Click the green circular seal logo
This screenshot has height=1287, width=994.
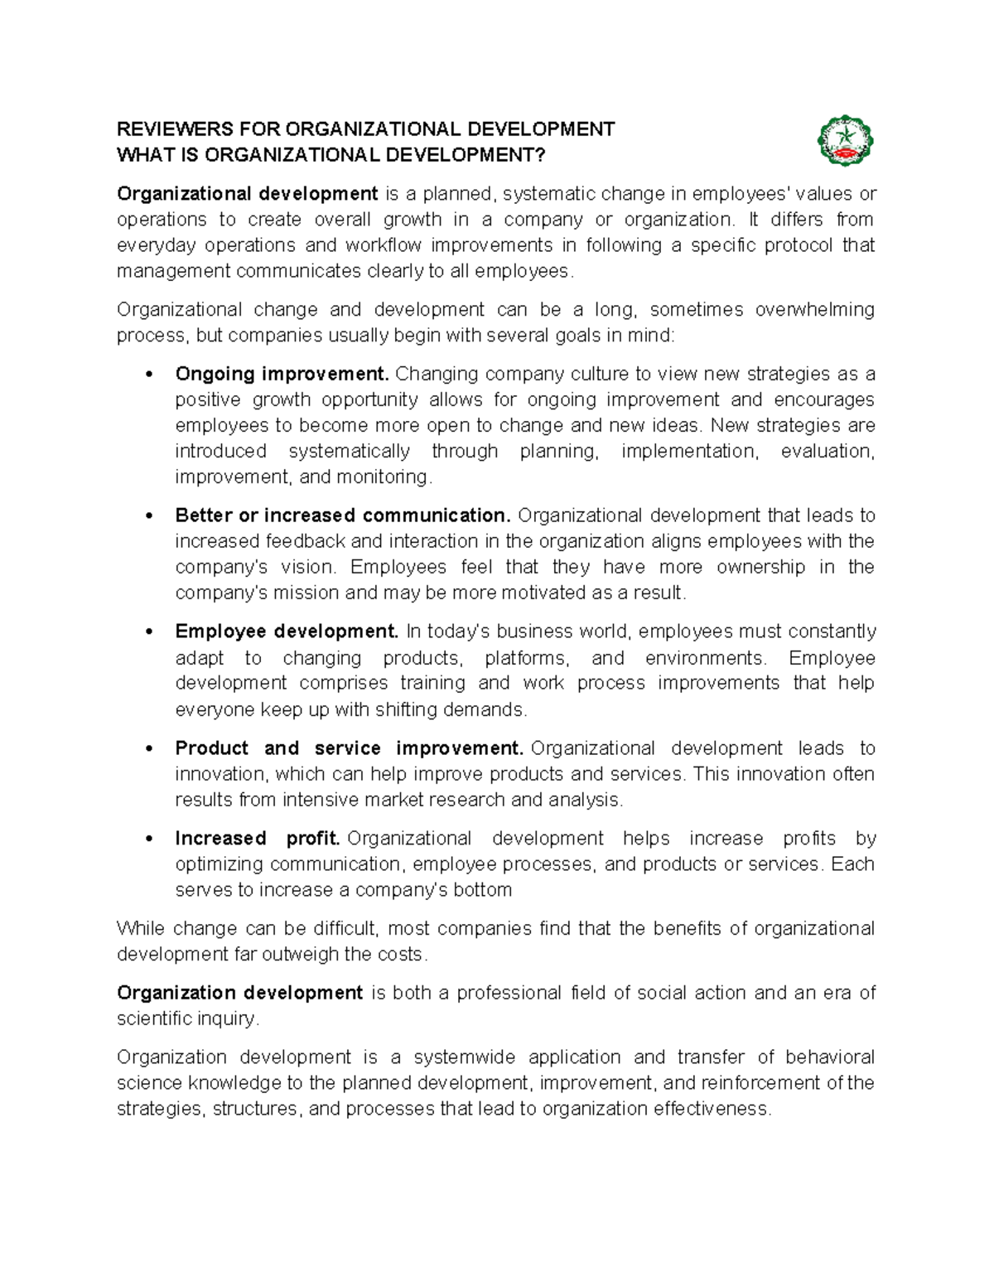pyautogui.click(x=845, y=140)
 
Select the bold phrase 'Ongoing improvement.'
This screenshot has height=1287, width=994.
pyautogui.click(x=282, y=374)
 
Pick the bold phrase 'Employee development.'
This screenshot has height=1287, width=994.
pyautogui.click(x=287, y=631)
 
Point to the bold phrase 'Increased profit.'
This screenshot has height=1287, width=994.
pyautogui.click(x=258, y=839)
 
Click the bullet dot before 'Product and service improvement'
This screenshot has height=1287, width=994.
pyautogui.click(x=149, y=749)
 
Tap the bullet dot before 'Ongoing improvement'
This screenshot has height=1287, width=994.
pyautogui.click(x=149, y=375)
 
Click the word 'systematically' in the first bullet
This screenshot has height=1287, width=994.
pyautogui.click(x=349, y=452)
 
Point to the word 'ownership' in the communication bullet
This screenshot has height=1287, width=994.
pyautogui.click(x=760, y=568)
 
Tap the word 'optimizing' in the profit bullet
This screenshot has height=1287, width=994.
pyautogui.click(x=219, y=864)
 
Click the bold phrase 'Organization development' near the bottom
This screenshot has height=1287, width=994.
pyautogui.click(x=239, y=993)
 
